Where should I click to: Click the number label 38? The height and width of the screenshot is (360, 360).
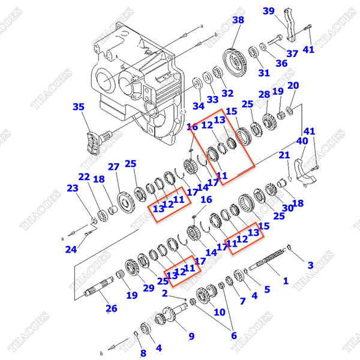tap(238, 20)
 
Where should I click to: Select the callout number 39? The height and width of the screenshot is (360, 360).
tap(268, 11)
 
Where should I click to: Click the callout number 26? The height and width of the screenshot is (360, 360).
tap(112, 309)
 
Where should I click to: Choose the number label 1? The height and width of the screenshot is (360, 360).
tap(286, 280)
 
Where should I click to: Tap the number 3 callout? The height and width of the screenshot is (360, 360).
tap(310, 265)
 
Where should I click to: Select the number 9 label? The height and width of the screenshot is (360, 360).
tap(191, 336)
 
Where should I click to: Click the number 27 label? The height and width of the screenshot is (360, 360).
tap(113, 167)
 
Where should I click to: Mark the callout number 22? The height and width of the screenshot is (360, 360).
tap(83, 177)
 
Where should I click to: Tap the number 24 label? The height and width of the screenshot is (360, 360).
tap(71, 250)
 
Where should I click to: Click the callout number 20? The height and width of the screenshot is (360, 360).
tap(293, 86)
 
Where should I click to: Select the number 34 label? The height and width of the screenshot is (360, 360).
tap(198, 107)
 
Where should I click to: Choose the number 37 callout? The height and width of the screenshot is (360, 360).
tap(292, 53)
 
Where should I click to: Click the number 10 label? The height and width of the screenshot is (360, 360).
tap(220, 312)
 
